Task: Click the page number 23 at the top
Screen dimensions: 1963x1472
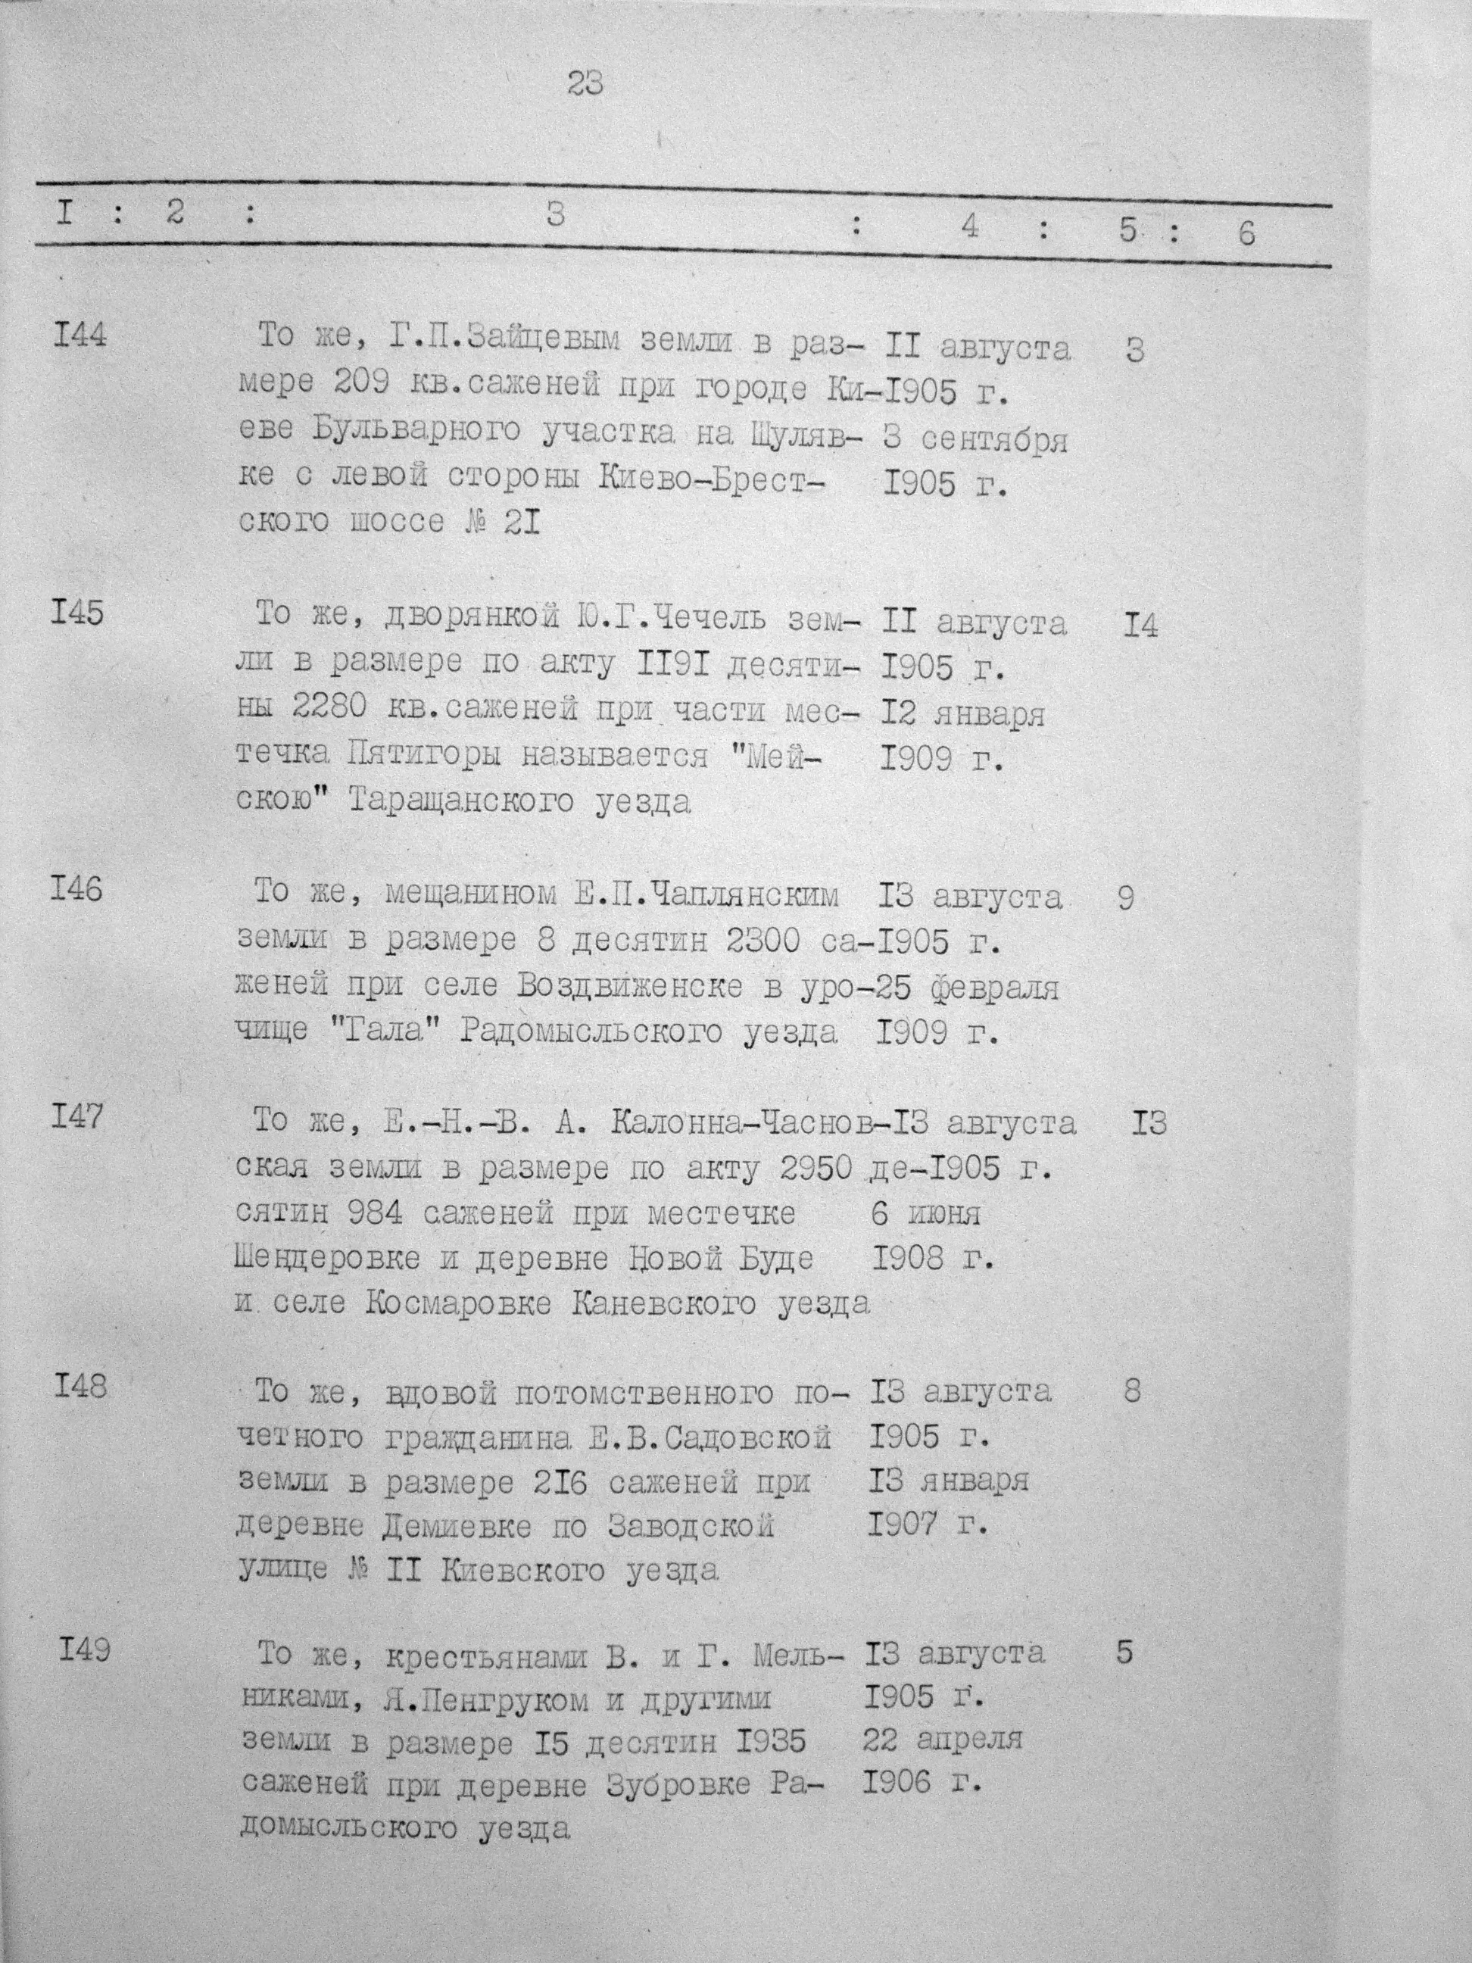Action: (585, 85)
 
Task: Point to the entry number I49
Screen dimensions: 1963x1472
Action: (84, 1652)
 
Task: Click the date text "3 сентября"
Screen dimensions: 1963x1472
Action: (976, 439)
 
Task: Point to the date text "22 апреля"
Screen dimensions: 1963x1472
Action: (942, 1740)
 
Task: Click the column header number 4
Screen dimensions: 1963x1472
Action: (970, 227)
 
